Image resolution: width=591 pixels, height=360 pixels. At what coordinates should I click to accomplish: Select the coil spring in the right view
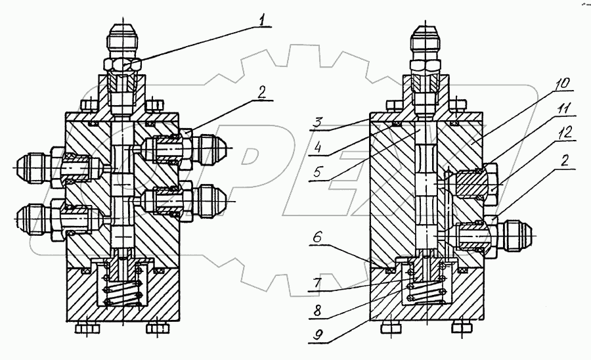pyautogui.click(x=427, y=289)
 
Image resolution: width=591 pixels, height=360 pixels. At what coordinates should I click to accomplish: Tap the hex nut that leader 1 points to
pyautogui.click(x=122, y=65)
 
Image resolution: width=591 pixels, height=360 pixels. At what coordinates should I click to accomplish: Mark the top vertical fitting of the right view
pyautogui.click(x=427, y=46)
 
